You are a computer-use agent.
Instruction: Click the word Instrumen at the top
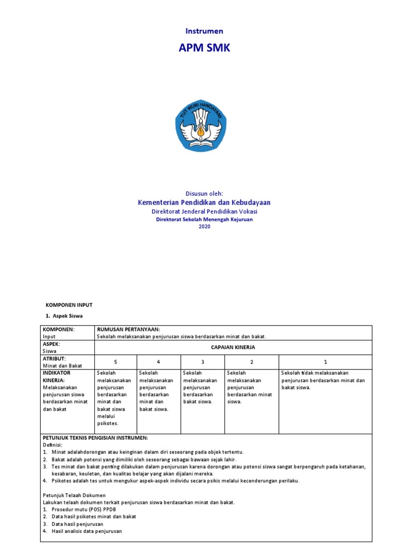204,31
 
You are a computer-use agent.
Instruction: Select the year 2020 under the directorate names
205,227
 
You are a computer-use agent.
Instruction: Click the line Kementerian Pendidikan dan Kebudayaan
204,202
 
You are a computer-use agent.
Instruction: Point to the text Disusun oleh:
204,193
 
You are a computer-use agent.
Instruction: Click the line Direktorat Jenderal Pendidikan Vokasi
204,212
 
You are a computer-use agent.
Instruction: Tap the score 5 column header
115,361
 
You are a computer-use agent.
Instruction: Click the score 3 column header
203,361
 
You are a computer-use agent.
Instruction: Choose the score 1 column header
325,361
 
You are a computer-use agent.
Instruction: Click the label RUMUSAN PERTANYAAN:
128,329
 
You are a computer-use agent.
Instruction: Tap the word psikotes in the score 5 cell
107,424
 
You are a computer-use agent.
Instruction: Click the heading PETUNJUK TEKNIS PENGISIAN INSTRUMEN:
95,438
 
